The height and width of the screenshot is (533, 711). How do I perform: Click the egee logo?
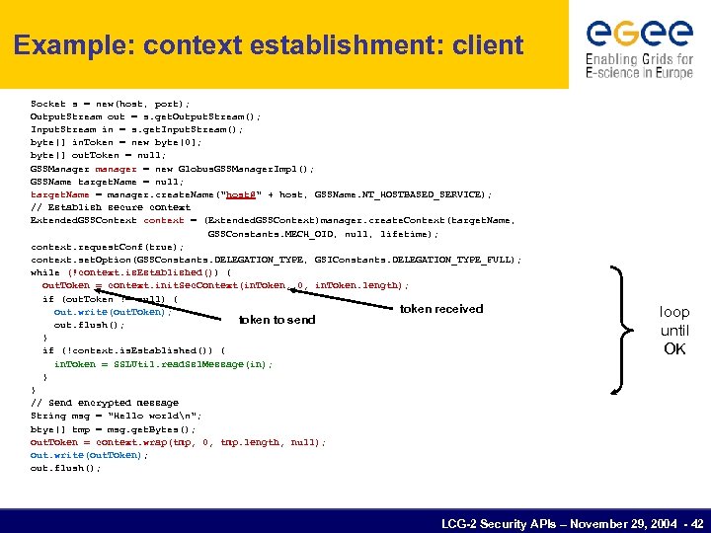click(x=639, y=33)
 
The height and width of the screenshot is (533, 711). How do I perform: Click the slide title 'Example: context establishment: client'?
click(x=269, y=45)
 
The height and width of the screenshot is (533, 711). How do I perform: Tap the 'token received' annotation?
click(x=441, y=309)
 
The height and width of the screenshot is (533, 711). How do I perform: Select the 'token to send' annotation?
click(x=277, y=320)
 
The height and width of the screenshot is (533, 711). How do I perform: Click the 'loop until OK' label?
click(x=674, y=330)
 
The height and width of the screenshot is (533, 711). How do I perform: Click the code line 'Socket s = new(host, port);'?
click(x=110, y=104)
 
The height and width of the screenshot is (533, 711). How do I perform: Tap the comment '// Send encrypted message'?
click(x=105, y=403)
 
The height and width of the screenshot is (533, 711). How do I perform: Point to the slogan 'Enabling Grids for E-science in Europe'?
click(x=639, y=67)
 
